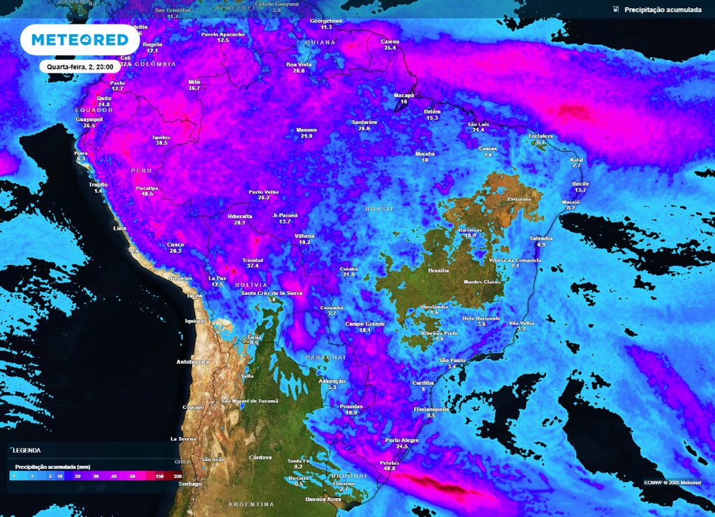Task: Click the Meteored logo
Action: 75,39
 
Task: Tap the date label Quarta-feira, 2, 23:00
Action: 80,67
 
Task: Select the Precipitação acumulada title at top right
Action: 662,10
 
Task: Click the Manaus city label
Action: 307,130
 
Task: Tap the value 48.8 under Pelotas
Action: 389,468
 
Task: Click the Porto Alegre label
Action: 401,440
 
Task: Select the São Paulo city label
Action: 452,360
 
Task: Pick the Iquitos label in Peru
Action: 161,137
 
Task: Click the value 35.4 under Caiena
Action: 390,48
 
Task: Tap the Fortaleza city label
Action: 540,136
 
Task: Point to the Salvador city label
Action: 541,238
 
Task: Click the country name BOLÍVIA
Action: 251,285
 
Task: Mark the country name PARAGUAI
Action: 326,357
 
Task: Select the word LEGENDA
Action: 27,451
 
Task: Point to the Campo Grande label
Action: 365,323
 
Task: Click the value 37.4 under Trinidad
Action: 253,266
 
